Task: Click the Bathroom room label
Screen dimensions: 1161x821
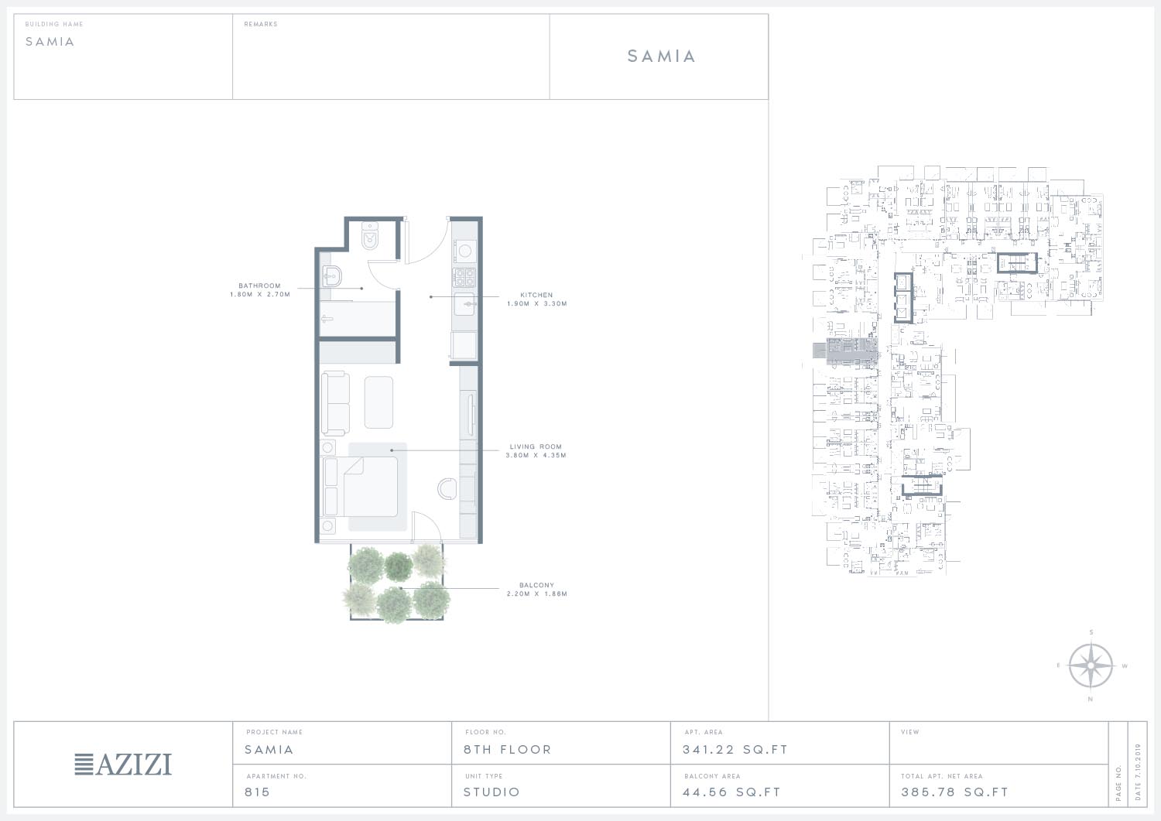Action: [259, 286]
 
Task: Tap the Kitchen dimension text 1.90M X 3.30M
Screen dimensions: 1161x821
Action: [537, 304]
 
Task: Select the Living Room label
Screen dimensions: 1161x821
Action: [536, 446]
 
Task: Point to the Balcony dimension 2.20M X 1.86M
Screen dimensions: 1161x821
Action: [537, 594]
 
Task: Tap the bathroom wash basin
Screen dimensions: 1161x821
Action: [332, 276]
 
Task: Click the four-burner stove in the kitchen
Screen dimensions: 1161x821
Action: [464, 277]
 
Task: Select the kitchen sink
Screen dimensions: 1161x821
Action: [465, 304]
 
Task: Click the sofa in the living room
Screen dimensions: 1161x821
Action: [335, 403]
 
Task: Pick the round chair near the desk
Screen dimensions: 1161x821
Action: [447, 489]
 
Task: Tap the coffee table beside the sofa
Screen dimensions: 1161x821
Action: [378, 402]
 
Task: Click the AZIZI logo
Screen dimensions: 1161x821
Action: [123, 764]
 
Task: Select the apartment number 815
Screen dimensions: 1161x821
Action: [257, 792]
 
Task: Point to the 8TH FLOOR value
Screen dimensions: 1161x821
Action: [508, 750]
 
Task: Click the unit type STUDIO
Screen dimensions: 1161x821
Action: [491, 792]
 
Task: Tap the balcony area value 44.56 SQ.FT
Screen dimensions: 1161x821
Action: [731, 792]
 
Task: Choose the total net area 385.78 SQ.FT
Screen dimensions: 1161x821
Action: [954, 792]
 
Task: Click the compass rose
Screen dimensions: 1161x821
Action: [1091, 665]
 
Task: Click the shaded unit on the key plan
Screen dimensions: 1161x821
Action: [852, 351]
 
